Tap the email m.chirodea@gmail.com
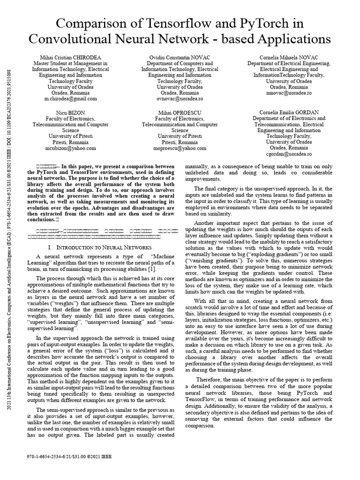pyautogui.click(x=70, y=99)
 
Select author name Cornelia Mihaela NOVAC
pyautogui.click(x=289, y=57)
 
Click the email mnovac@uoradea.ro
pyautogui.click(x=289, y=93)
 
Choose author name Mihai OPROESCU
pyautogui.click(x=180, y=112)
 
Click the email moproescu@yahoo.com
pyautogui.click(x=180, y=148)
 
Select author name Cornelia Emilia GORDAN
pyautogui.click(x=289, y=112)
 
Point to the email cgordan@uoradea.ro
pyautogui.click(x=289, y=154)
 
